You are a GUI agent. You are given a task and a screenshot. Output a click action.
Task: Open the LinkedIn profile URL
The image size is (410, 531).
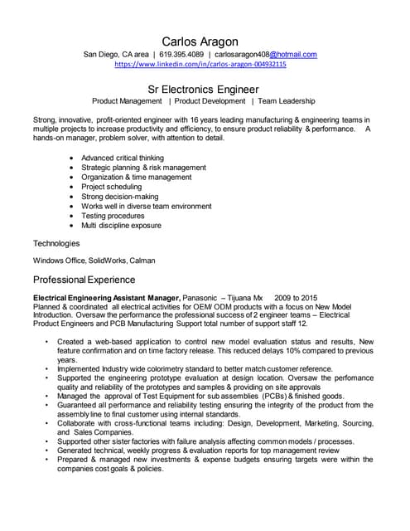200,64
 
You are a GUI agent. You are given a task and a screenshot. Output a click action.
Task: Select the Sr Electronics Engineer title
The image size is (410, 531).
203,87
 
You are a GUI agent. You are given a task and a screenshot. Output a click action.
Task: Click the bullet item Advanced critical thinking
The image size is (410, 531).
123,158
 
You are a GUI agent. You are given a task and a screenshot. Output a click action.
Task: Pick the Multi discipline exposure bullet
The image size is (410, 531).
121,225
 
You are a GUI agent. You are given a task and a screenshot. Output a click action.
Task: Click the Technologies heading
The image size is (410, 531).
56,243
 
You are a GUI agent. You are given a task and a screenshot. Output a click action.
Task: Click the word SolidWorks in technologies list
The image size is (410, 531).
106,260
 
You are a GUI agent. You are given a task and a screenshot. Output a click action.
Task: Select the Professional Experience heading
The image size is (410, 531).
84,280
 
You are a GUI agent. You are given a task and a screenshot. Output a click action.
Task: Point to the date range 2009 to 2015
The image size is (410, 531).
295,297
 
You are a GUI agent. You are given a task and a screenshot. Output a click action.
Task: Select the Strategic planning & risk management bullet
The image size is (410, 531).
143,168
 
